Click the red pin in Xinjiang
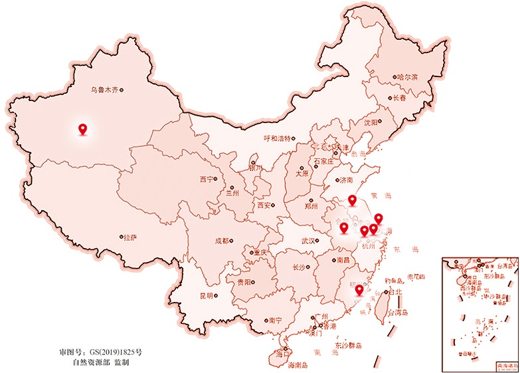(82, 129)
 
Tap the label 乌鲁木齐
(104, 90)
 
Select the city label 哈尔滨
(407, 77)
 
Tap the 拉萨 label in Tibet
(130, 237)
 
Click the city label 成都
(222, 241)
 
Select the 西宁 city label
(207, 179)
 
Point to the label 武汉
(309, 241)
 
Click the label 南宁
(275, 320)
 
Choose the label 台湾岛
(398, 312)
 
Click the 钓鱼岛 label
(394, 281)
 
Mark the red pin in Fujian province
(359, 290)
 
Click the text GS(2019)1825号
(118, 351)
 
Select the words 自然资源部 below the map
(91, 362)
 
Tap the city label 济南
(346, 180)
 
